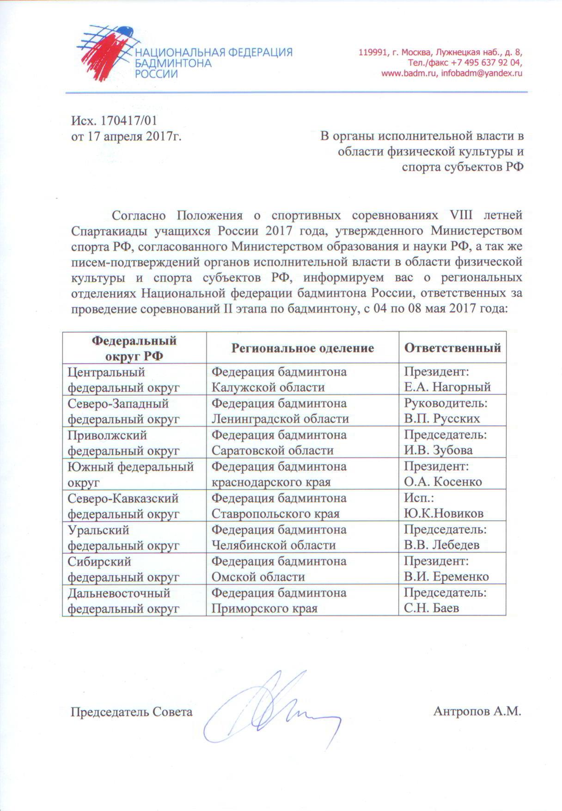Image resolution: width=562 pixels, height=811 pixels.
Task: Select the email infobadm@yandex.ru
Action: pyautogui.click(x=482, y=73)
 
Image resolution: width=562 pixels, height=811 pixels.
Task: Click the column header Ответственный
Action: pyautogui.click(x=452, y=348)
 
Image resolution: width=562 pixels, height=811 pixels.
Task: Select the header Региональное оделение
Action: pyautogui.click(x=303, y=348)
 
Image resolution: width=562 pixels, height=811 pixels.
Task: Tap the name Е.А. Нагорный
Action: pyautogui.click(x=447, y=387)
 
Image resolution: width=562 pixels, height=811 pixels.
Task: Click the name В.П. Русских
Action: pyautogui.click(x=442, y=418)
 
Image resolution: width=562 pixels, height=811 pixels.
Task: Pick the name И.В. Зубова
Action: pyautogui.click(x=438, y=450)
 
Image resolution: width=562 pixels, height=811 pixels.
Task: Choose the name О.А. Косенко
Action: pyautogui.click(x=443, y=482)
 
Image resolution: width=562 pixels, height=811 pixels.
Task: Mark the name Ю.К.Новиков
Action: pyautogui.click(x=444, y=513)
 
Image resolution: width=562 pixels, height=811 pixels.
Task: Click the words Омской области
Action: pyautogui.click(x=258, y=577)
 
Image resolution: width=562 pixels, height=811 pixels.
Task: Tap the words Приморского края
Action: pyautogui.click(x=264, y=608)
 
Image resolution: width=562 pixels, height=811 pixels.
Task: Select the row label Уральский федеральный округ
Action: pyautogui.click(x=123, y=537)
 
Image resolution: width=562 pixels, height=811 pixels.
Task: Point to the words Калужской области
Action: pyautogui.click(x=268, y=387)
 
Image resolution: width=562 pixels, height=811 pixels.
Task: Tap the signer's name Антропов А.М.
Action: pyautogui.click(x=477, y=711)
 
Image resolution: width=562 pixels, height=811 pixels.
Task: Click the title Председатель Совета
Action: pyautogui.click(x=131, y=712)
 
